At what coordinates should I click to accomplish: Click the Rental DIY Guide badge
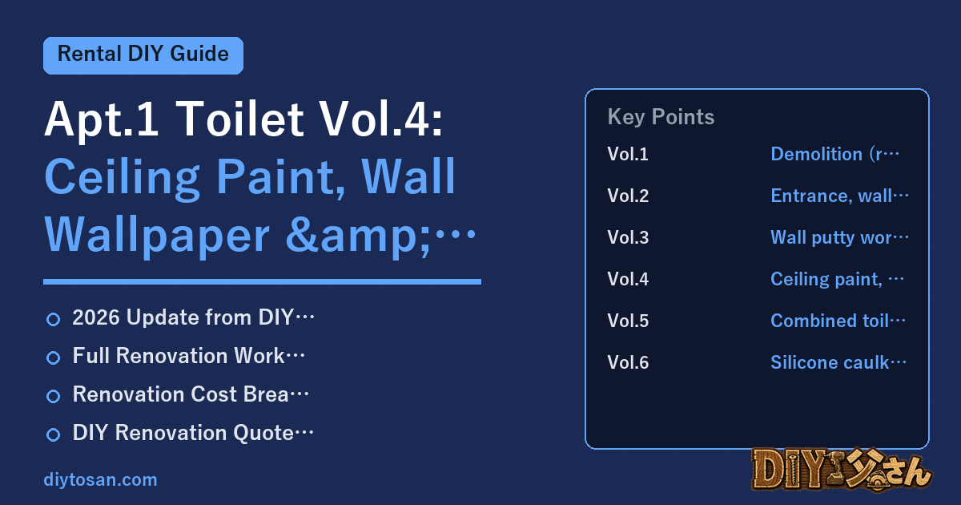(x=143, y=55)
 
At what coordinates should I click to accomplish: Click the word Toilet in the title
(x=239, y=119)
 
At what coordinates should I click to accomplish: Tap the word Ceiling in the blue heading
(x=122, y=178)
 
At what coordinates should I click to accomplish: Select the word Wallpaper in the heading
(x=157, y=236)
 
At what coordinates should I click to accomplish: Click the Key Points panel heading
(x=661, y=117)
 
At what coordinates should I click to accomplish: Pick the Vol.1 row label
(x=628, y=154)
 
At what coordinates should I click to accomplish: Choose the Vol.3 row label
(x=628, y=237)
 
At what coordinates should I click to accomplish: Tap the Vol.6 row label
(x=628, y=362)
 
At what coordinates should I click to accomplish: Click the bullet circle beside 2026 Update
(x=53, y=320)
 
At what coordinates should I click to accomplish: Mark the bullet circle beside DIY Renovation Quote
(x=53, y=434)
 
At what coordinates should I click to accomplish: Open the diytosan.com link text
(x=100, y=479)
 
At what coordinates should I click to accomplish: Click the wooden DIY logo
(x=842, y=470)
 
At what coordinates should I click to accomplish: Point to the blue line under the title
(x=262, y=281)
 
